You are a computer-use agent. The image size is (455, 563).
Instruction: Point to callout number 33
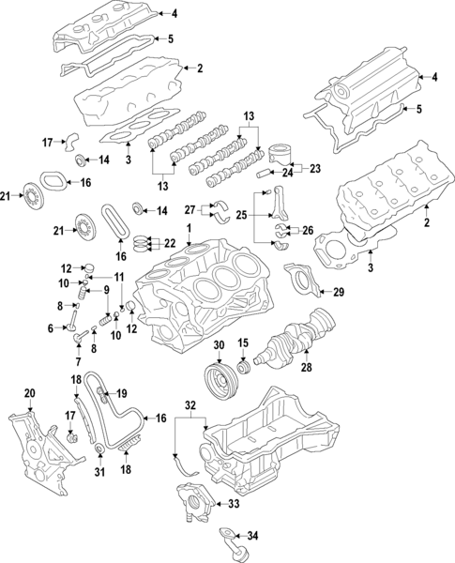coord(234,504)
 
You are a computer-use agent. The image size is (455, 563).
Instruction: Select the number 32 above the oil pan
coord(190,406)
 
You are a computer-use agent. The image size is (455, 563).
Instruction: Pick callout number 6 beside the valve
coord(50,327)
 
